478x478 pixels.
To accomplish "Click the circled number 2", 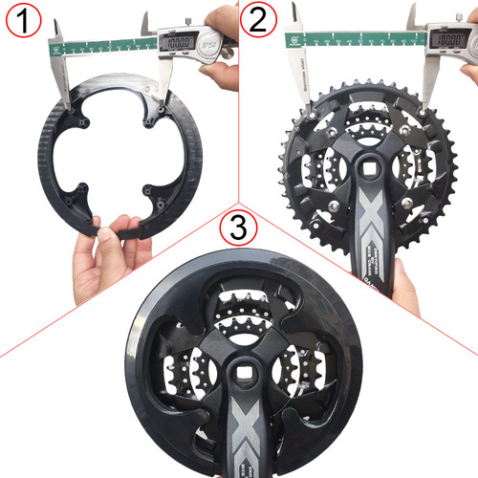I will pos(256,18).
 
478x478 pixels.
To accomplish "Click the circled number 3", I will pos(236,228).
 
